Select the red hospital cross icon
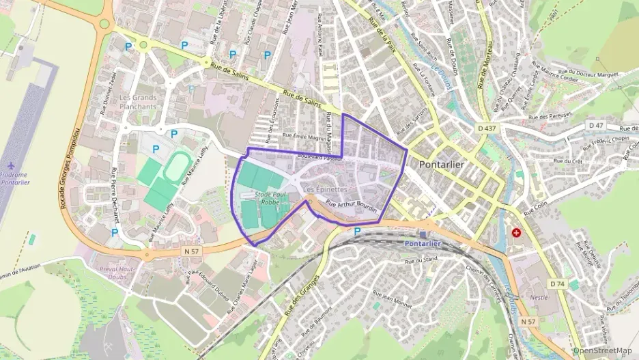[515, 233]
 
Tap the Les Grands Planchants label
[138, 102]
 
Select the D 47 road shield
[597, 126]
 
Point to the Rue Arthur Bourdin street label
[352, 208]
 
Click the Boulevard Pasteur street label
[319, 158]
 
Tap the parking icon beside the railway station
[357, 232]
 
